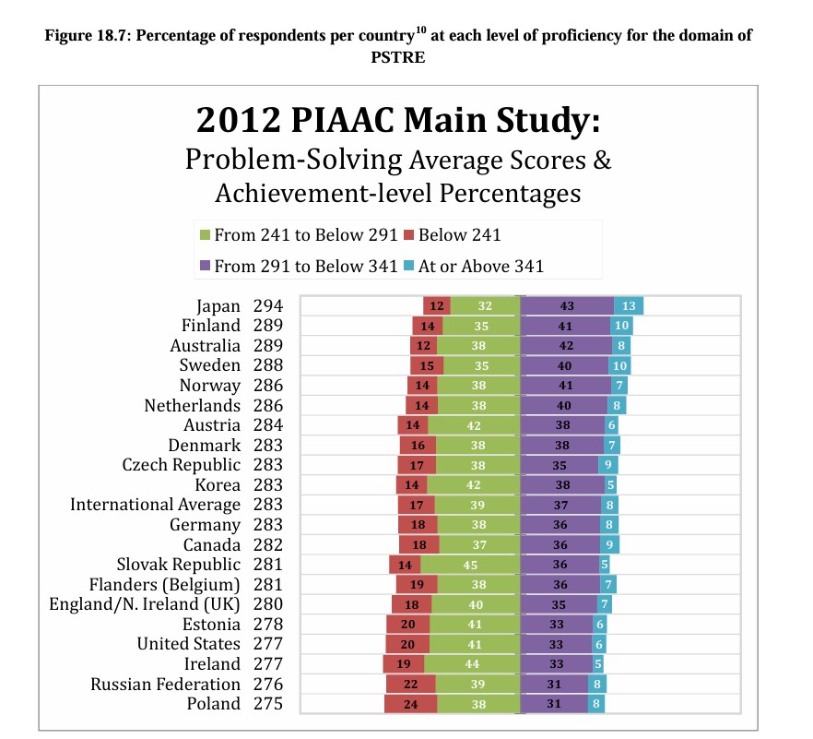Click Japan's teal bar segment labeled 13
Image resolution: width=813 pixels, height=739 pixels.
click(x=629, y=305)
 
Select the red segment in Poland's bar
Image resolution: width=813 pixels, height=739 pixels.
click(x=411, y=704)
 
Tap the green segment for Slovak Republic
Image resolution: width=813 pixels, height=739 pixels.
click(x=470, y=565)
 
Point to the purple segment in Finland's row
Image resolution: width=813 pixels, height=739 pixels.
click(x=565, y=326)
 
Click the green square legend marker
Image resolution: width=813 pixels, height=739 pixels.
click(x=206, y=235)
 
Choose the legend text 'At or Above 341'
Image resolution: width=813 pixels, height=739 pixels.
click(x=480, y=267)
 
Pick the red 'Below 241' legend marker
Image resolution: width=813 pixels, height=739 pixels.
click(x=408, y=235)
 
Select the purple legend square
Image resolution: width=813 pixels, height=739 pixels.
click(x=206, y=267)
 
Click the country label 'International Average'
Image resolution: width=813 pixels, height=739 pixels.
click(x=155, y=505)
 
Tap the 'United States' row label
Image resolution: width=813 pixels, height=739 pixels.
click(x=189, y=644)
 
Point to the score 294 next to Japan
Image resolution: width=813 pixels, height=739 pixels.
click(x=268, y=305)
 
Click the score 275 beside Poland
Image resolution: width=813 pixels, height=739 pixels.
click(x=268, y=704)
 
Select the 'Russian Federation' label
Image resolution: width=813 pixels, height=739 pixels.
click(x=165, y=684)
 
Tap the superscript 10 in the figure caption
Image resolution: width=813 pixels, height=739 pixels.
click(x=420, y=30)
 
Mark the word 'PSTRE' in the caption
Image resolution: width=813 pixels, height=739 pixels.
click(x=397, y=57)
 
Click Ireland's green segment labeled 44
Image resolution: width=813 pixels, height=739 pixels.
click(x=472, y=663)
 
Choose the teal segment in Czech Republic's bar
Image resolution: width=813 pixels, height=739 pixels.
click(x=607, y=465)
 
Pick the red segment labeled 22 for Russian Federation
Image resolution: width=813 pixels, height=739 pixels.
click(x=411, y=684)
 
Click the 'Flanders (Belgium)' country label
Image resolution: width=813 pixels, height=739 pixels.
click(x=164, y=585)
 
